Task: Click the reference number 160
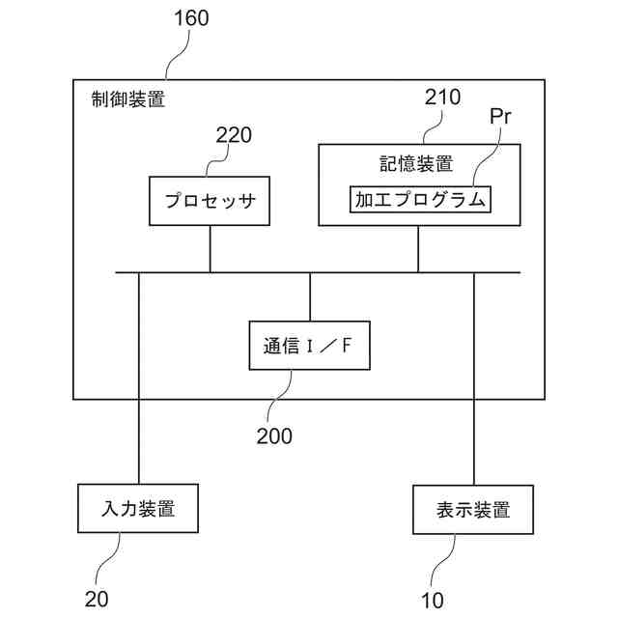pyautogui.click(x=189, y=18)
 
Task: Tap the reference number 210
pyautogui.click(x=443, y=97)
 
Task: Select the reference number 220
pyautogui.click(x=234, y=134)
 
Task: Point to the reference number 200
pyautogui.click(x=274, y=435)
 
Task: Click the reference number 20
pyautogui.click(x=97, y=599)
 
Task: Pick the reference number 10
pyautogui.click(x=433, y=601)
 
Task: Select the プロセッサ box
pyautogui.click(x=210, y=202)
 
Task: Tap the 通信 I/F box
pyautogui.click(x=310, y=347)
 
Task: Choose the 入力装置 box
pyautogui.click(x=137, y=508)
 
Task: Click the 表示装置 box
pyautogui.click(x=473, y=510)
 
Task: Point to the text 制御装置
pyautogui.click(x=128, y=98)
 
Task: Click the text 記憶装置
pyautogui.click(x=417, y=163)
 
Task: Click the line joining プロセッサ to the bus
pyautogui.click(x=210, y=248)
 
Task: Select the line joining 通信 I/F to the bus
pyautogui.click(x=310, y=295)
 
